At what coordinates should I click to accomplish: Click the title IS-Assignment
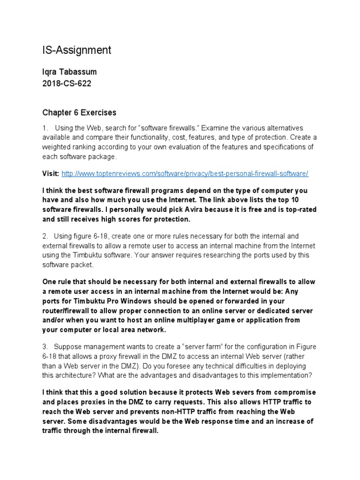(77, 50)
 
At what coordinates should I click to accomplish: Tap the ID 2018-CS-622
(67, 84)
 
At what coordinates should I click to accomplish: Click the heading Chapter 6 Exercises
(79, 112)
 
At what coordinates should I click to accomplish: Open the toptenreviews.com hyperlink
(185, 174)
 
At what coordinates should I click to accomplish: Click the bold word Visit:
(51, 174)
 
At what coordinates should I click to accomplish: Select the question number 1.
(45, 128)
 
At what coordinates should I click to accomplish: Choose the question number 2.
(45, 236)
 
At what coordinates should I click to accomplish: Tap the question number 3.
(45, 347)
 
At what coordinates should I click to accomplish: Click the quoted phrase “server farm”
(193, 347)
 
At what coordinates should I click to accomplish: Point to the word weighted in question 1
(59, 147)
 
